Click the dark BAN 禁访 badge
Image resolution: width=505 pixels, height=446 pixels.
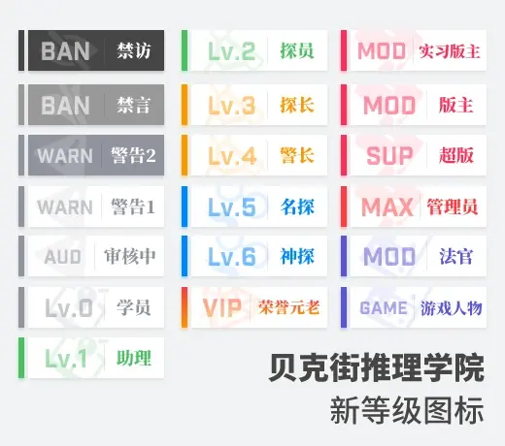tap(91, 50)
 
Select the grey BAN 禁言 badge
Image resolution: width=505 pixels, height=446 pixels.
tap(91, 105)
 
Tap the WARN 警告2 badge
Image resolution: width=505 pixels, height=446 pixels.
tap(91, 155)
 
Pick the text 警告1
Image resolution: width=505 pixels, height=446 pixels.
tap(133, 207)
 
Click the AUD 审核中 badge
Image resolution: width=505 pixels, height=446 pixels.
tap(91, 256)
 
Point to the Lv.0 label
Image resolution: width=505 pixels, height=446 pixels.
tap(69, 307)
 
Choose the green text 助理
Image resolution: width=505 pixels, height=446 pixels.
tap(134, 358)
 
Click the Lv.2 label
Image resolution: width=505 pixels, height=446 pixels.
tap(231, 51)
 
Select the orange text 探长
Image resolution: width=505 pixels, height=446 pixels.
tap(297, 105)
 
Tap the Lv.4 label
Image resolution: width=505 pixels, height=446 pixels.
tap(232, 156)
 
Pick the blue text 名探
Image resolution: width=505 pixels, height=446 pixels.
tap(297, 207)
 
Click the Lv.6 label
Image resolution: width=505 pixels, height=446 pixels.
tap(232, 257)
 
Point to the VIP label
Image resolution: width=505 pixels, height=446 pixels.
tap(222, 307)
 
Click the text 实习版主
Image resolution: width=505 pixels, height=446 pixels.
tap(450, 51)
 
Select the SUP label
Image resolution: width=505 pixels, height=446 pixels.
tap(389, 156)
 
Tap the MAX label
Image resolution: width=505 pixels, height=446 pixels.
tap(387, 207)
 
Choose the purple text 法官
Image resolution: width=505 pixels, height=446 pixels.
tap(455, 256)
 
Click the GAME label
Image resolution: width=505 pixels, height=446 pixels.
tap(384, 307)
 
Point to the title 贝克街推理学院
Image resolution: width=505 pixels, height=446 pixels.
tap(376, 367)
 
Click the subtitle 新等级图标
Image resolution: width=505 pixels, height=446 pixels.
tap(407, 410)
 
